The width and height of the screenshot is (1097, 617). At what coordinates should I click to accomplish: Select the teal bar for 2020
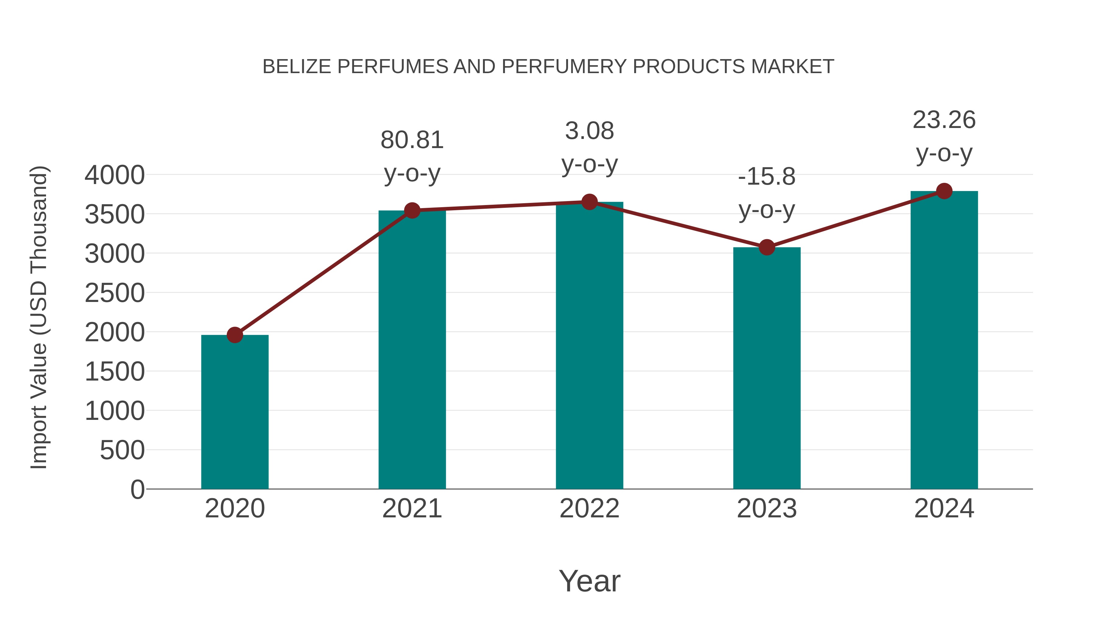click(235, 412)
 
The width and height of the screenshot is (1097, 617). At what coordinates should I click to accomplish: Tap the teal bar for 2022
click(589, 345)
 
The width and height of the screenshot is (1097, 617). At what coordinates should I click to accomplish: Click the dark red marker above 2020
click(235, 335)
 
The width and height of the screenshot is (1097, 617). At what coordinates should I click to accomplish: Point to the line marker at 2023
click(767, 247)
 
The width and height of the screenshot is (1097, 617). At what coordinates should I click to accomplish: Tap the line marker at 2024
click(944, 191)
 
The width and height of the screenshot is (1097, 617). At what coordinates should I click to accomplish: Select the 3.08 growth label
click(589, 131)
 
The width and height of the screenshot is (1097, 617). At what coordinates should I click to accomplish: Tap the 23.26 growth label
click(944, 120)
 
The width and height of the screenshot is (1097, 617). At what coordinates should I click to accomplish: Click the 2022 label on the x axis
click(589, 509)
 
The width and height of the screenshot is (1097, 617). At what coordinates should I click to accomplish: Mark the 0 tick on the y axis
click(137, 489)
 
